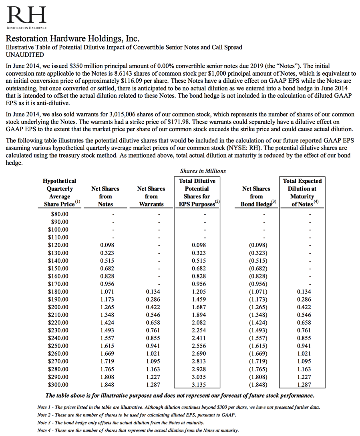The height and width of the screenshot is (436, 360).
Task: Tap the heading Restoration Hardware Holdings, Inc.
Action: pyautogui.click(x=72, y=39)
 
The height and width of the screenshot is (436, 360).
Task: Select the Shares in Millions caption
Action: pyautogui.click(x=203, y=171)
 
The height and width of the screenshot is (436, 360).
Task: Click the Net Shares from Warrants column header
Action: pyautogui.click(x=151, y=196)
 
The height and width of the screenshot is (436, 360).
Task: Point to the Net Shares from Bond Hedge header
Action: pyautogui.click(x=256, y=196)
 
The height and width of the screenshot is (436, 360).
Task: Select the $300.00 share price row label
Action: pyautogui.click(x=58, y=385)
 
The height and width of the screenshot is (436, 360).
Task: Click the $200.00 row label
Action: pyautogui.click(x=58, y=307)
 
